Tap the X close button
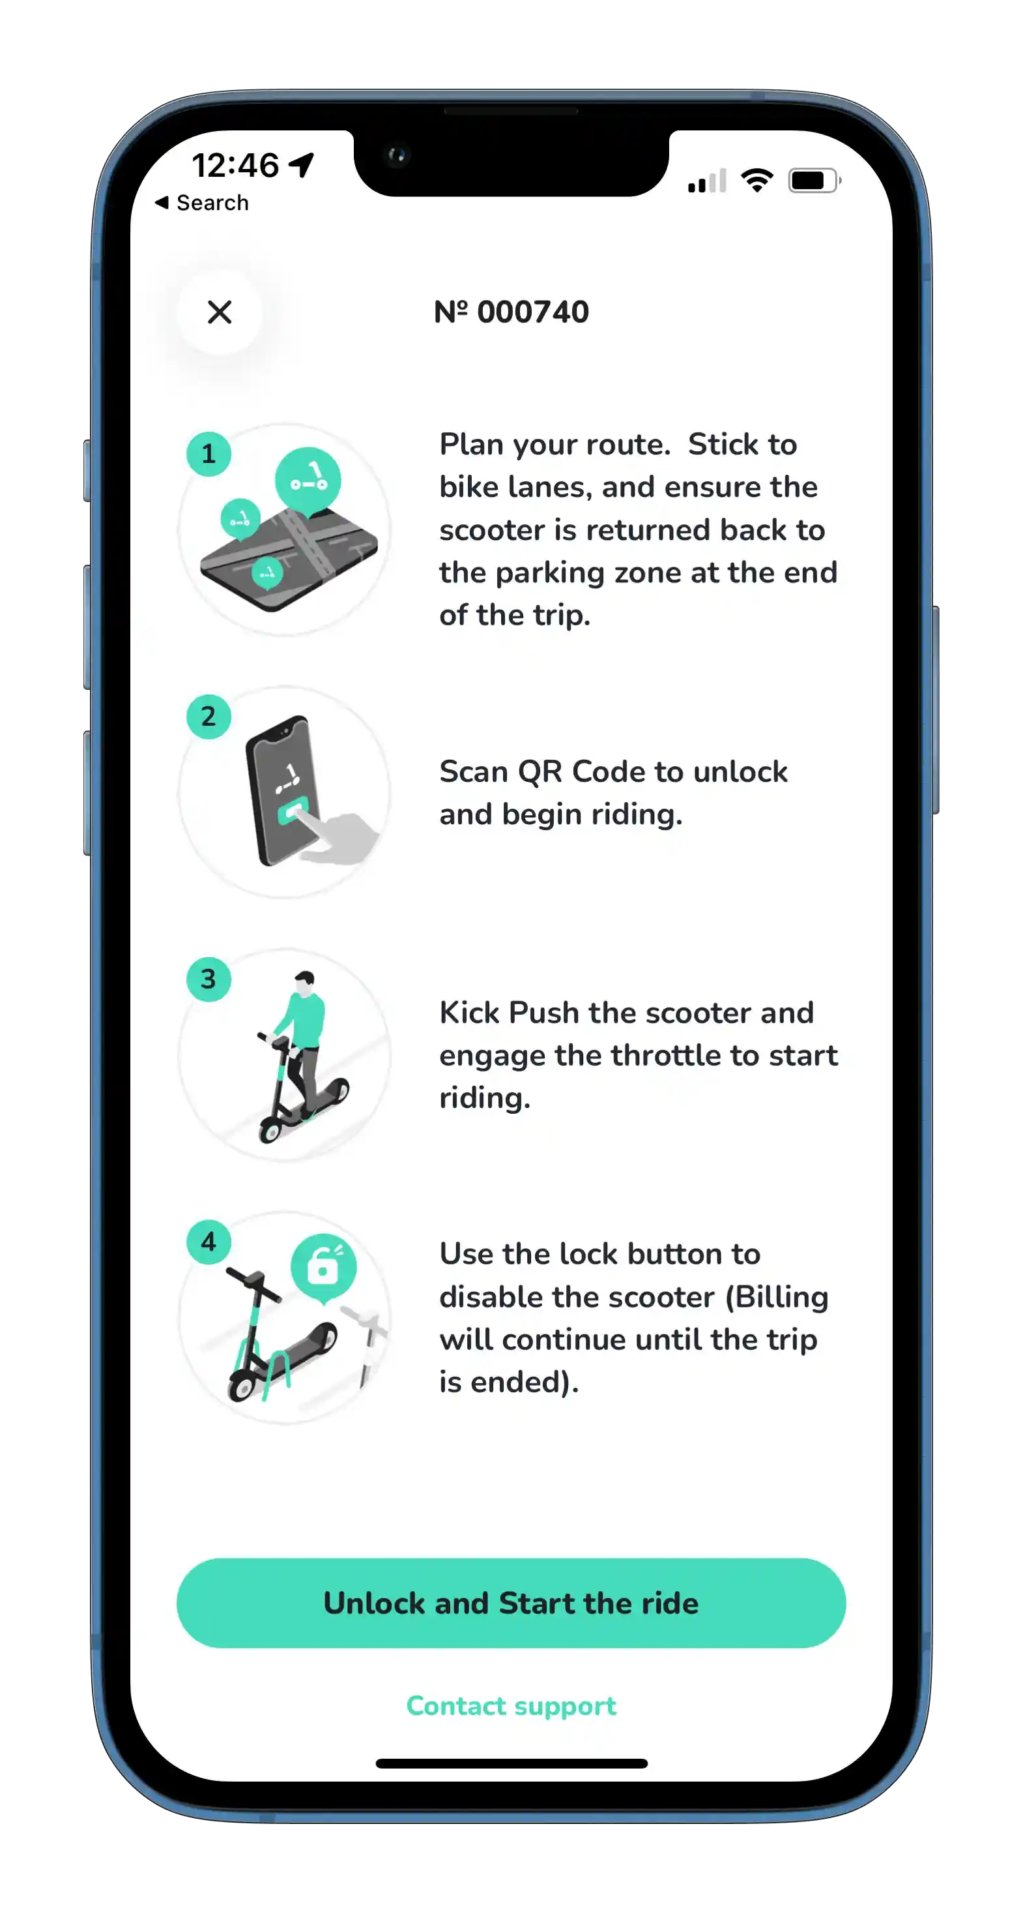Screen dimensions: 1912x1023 tap(220, 312)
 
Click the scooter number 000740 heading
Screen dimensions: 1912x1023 tap(511, 312)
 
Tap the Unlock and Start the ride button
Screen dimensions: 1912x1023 tap(511, 1604)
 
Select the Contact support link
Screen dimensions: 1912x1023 tap(511, 1706)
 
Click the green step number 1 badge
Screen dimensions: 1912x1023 tap(209, 453)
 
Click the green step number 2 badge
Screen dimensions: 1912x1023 tap(209, 716)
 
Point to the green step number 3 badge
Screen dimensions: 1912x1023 tap(209, 979)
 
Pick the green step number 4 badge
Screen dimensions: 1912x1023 tap(209, 1242)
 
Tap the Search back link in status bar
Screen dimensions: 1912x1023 tap(202, 203)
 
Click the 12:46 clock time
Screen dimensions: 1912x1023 tap(235, 165)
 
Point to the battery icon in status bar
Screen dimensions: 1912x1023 tap(813, 181)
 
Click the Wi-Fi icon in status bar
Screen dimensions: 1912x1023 tap(756, 181)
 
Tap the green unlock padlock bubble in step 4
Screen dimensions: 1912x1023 tap(323, 1267)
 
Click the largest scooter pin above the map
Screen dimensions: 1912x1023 tap(308, 480)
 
